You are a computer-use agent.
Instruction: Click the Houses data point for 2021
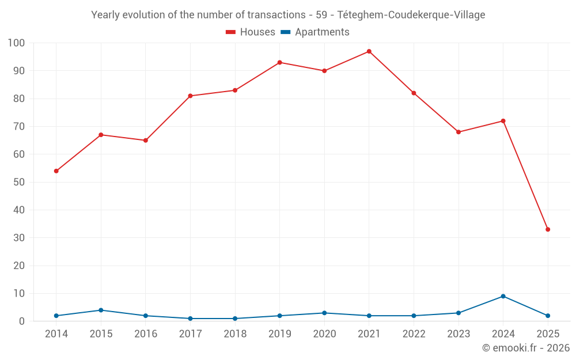pyautogui.click(x=369, y=51)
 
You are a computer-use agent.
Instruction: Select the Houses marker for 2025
pyautogui.click(x=548, y=229)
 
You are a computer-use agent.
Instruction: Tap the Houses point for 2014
pyautogui.click(x=56, y=171)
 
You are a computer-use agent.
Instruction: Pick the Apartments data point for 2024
pyautogui.click(x=503, y=296)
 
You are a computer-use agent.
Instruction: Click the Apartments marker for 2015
pyautogui.click(x=101, y=310)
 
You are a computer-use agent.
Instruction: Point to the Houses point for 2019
pyautogui.click(x=279, y=62)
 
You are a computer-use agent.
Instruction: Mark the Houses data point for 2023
pyautogui.click(x=458, y=132)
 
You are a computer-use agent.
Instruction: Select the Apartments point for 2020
pyautogui.click(x=324, y=313)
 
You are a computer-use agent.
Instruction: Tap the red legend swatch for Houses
pyautogui.click(x=231, y=32)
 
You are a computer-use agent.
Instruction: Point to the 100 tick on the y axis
pyautogui.click(x=16, y=43)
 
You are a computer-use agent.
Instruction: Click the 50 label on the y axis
pyautogui.click(x=19, y=182)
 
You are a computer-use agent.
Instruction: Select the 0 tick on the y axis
pyautogui.click(x=22, y=321)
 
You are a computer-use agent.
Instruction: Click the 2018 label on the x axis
pyautogui.click(x=235, y=334)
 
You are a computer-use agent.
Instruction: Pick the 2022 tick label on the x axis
pyautogui.click(x=414, y=334)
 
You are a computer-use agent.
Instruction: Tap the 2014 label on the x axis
pyautogui.click(x=56, y=334)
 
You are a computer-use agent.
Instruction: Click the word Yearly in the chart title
pyautogui.click(x=106, y=15)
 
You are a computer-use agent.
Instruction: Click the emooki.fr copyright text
pyautogui.click(x=525, y=348)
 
